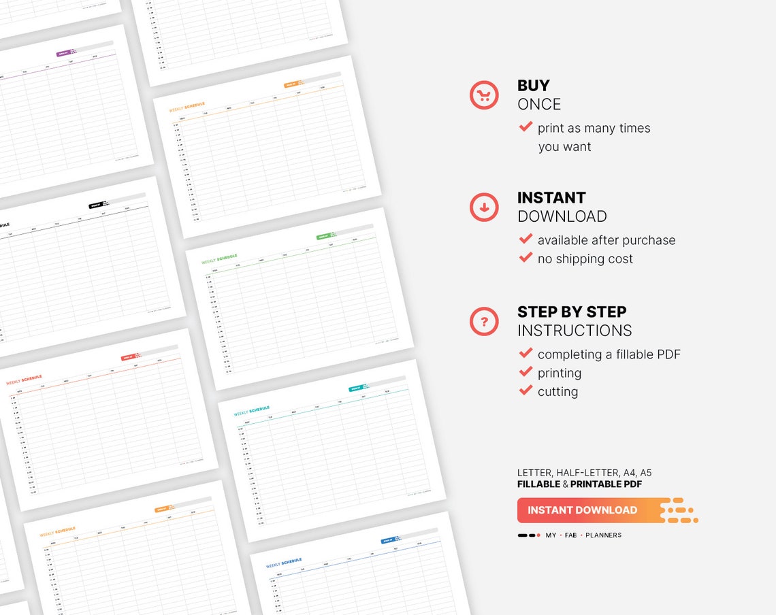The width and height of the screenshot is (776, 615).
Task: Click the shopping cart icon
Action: click(484, 95)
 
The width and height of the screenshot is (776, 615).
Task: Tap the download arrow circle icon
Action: click(484, 207)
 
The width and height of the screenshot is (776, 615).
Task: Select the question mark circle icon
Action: click(484, 321)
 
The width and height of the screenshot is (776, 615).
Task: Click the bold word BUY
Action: click(534, 86)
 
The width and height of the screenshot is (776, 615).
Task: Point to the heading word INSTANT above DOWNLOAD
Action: click(551, 198)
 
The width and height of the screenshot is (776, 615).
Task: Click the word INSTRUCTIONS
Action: click(575, 331)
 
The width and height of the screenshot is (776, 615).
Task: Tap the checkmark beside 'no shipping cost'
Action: click(526, 258)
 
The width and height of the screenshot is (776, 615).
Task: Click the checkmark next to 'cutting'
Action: click(526, 390)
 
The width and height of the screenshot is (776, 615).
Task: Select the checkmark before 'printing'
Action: click(526, 372)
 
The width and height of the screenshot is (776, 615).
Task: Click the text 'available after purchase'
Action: click(607, 240)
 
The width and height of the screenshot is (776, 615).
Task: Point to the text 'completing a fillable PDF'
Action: click(609, 354)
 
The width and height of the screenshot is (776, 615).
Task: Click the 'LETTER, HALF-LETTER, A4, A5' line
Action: click(585, 473)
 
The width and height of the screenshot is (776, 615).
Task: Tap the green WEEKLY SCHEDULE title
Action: click(219, 259)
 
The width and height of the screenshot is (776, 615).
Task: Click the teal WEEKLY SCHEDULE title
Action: click(252, 411)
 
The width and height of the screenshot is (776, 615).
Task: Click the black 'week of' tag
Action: click(95, 205)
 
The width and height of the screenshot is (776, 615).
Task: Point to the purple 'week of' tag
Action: click(65, 53)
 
